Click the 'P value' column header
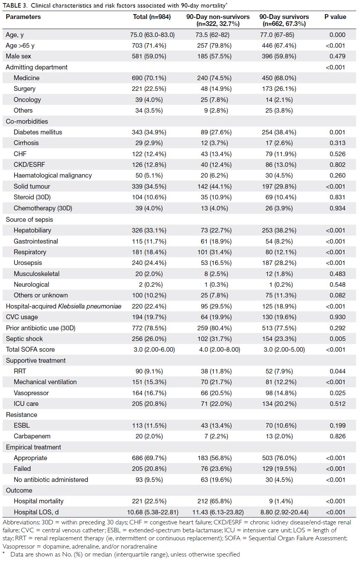pyautogui.click(x=335, y=17)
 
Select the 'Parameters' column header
pyautogui.click(x=23, y=17)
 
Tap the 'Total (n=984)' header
pyautogui.click(x=152, y=17)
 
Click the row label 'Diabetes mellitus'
pyautogui.click(x=38, y=132)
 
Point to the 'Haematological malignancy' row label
pyautogui.click(x=53, y=175)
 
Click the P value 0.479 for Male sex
pyautogui.click(x=338, y=56)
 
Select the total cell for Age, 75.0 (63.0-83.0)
pyautogui.click(x=152, y=35)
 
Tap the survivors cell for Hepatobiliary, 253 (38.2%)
pyautogui.click(x=279, y=230)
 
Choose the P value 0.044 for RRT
pyautogui.click(x=338, y=371)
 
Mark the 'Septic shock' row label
pyautogui.click(x=24, y=339)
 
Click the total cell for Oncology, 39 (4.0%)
pyautogui.click(x=149, y=99)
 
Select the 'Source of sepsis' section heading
pyautogui.click(x=29, y=219)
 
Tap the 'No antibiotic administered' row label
pyautogui.click(x=51, y=479)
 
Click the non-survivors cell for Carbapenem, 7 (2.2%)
pyautogui.click(x=216, y=436)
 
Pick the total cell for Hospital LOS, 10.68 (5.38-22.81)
pyautogui.click(x=153, y=512)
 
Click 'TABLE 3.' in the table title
pyautogui.click(x=15, y=6)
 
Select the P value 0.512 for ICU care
pyautogui.click(x=338, y=403)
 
